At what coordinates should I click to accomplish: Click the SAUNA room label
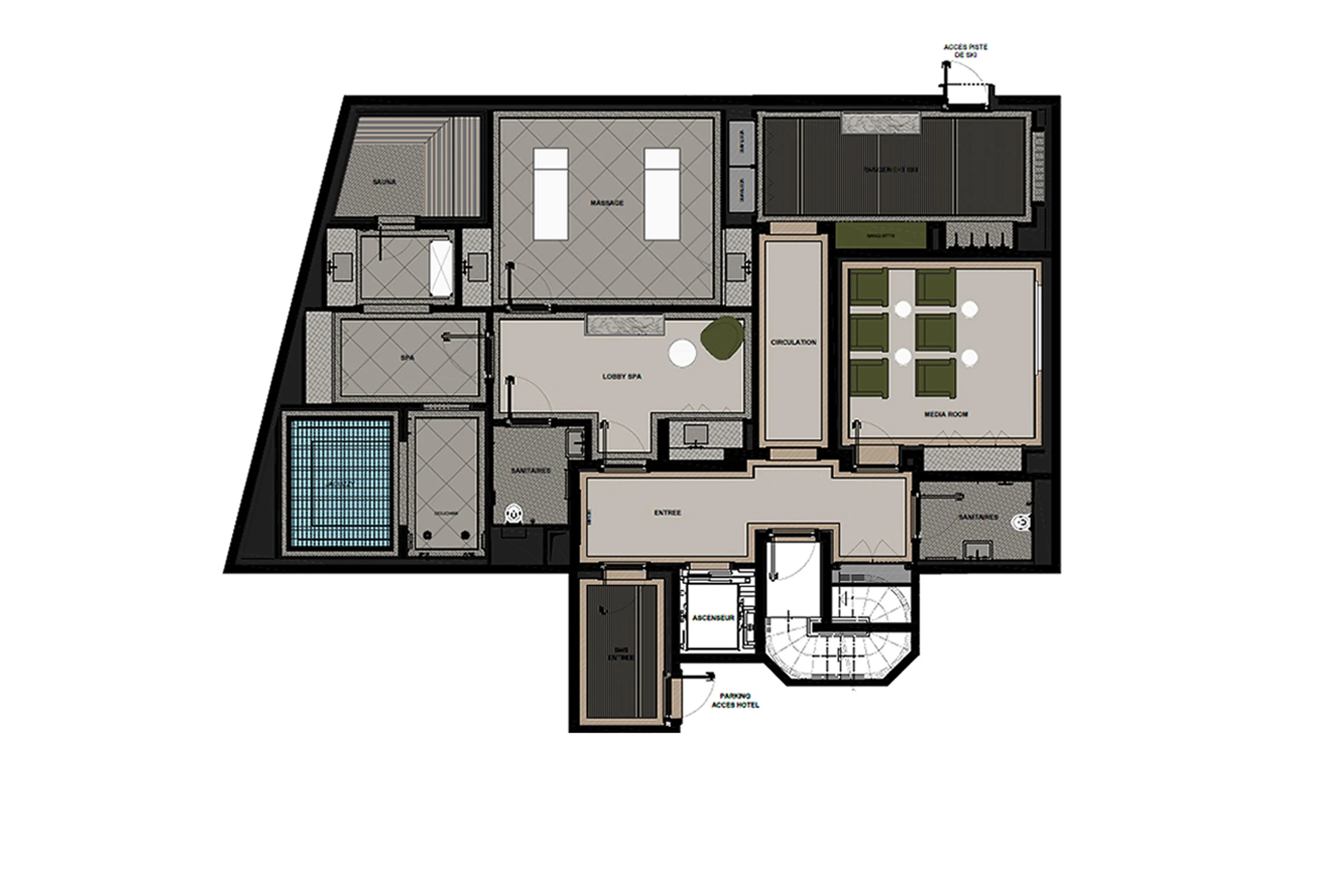[384, 182]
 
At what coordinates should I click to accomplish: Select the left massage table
[550, 194]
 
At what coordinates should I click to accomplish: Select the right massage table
[662, 194]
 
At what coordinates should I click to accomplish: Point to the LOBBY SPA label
[622, 376]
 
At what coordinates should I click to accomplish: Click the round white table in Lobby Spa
[682, 353]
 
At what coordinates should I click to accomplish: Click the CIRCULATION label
[793, 342]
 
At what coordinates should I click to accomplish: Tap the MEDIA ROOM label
[945, 414]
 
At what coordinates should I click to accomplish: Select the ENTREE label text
[667, 512]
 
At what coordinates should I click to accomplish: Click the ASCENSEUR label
[713, 618]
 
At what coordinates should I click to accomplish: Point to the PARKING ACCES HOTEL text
[735, 700]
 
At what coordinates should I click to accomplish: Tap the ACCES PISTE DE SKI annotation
[965, 51]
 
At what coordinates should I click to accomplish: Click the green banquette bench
[880, 235]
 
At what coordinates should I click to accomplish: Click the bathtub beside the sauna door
[441, 268]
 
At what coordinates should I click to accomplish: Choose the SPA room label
[407, 357]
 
